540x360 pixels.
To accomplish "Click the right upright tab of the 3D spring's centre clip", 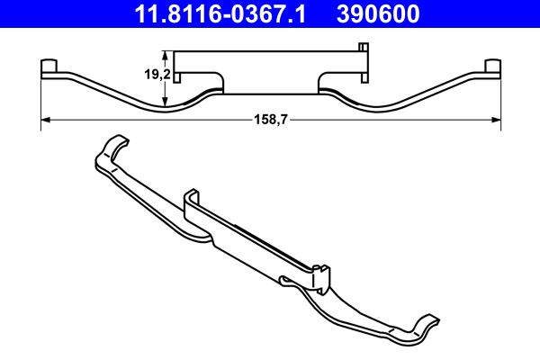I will [x=322, y=270].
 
